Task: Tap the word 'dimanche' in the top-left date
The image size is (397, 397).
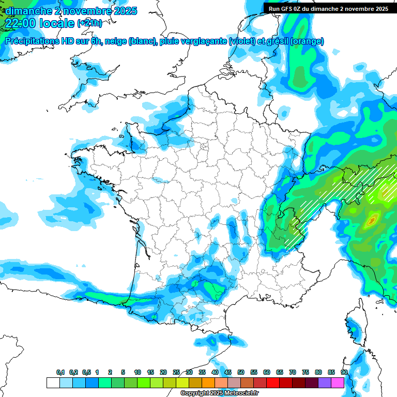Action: (x=24, y=10)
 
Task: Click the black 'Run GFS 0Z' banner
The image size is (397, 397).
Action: (x=329, y=8)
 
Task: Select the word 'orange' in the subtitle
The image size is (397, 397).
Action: (x=308, y=41)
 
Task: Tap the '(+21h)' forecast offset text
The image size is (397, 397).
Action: (x=89, y=23)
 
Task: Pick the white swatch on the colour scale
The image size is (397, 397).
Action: (x=53, y=383)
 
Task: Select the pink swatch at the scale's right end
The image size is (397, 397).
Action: (x=338, y=383)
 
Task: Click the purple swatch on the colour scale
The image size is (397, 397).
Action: (x=325, y=383)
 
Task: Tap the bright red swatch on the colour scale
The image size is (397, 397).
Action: (x=273, y=383)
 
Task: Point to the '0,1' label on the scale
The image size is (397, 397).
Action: (x=60, y=373)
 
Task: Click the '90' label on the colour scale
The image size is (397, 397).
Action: (x=344, y=373)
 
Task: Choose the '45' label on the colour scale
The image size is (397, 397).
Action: (x=228, y=373)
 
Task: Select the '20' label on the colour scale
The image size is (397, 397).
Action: (x=163, y=373)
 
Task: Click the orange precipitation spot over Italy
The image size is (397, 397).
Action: (x=371, y=221)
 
